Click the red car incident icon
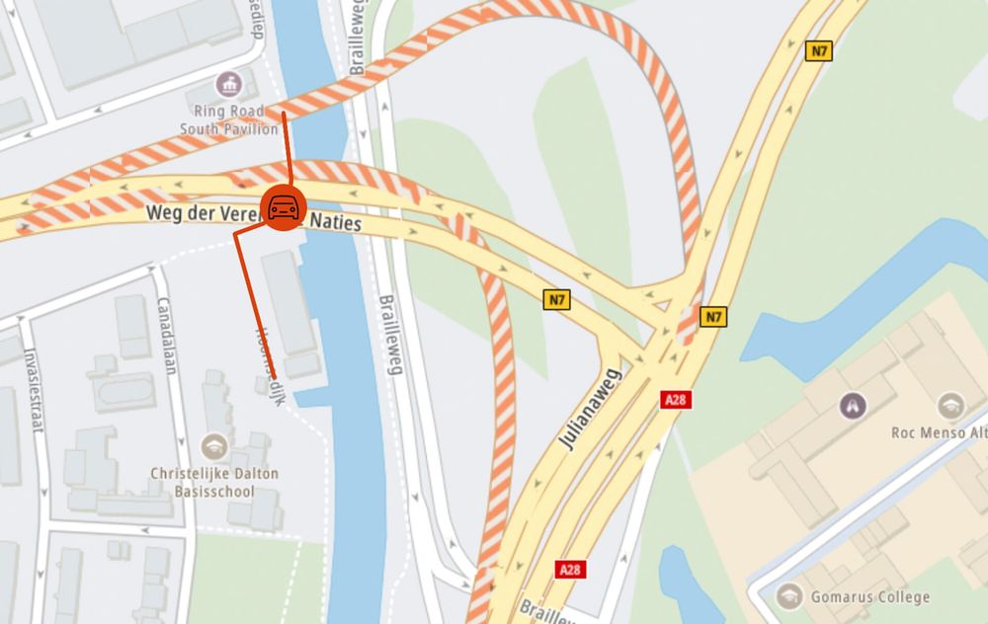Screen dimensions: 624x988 (x=284, y=207)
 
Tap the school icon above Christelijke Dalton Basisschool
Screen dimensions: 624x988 (x=213, y=445)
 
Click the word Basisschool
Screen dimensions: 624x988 (x=213, y=491)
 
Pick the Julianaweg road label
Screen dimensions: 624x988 (x=590, y=407)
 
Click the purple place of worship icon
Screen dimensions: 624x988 (x=851, y=404)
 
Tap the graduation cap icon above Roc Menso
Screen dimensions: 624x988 (x=950, y=404)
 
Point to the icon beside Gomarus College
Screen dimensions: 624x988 (x=789, y=595)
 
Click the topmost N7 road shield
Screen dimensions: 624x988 (x=817, y=52)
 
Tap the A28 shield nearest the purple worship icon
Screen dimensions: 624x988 (x=675, y=399)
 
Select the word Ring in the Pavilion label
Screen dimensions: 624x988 (x=213, y=112)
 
